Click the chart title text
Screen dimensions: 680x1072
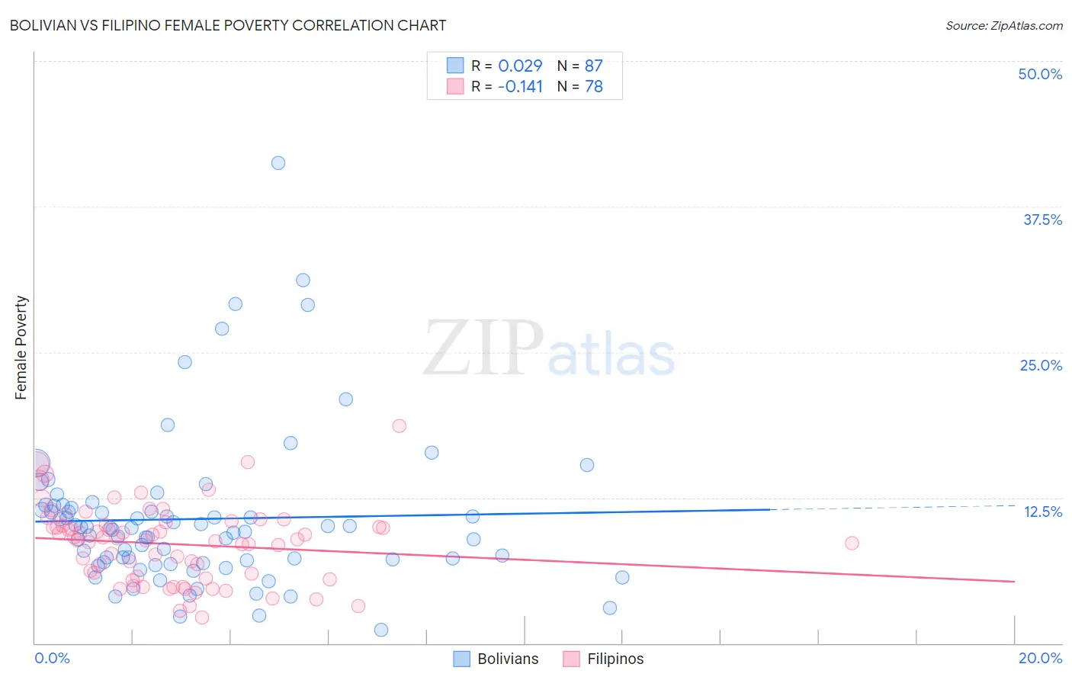[x=228, y=25]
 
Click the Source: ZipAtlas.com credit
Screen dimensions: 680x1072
[x=1003, y=25]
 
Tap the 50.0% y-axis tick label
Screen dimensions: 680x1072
[x=1040, y=74]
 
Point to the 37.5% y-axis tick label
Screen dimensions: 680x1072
[x=1042, y=220]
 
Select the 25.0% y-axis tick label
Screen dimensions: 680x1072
[x=1041, y=365]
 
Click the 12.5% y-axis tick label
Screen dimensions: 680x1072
[x=1042, y=512]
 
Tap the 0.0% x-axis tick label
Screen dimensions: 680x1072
[x=52, y=658]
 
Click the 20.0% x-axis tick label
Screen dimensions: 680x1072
[x=1040, y=658]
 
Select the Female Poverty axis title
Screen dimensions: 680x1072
[x=21, y=348]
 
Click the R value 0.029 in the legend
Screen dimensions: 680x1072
[x=520, y=66]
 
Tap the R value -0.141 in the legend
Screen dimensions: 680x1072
[x=520, y=86]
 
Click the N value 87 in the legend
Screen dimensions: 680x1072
[x=593, y=66]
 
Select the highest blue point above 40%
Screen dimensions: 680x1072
[x=278, y=162]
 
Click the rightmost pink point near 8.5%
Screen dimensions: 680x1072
[x=852, y=543]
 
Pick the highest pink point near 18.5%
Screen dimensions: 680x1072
[x=399, y=426]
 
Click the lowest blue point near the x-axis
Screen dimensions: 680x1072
[x=381, y=630]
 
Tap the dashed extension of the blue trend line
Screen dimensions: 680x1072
[x=892, y=507]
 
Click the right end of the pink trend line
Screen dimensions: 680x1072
[x=1013, y=582]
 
